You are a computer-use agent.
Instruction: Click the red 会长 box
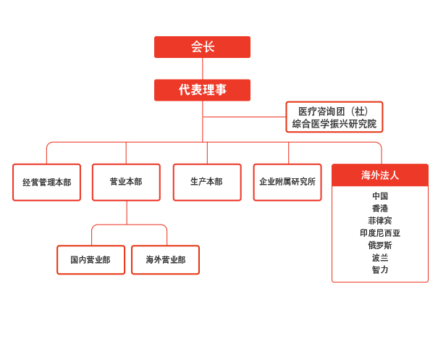coord(202,47)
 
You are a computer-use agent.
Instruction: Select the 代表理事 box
coord(202,90)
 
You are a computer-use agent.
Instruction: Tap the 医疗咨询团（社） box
coord(334,117)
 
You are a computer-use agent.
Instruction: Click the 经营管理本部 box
coord(46,183)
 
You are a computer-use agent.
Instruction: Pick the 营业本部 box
coord(126,183)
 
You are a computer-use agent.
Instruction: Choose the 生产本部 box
coord(207,183)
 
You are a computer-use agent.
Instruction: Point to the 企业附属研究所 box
coord(287,183)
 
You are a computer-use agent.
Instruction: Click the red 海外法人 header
coord(380,175)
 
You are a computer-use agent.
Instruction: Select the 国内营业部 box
coord(90,259)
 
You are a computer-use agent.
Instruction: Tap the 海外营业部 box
coord(165,259)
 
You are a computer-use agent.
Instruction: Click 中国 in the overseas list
coord(380,196)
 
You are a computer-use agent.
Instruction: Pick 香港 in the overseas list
coord(380,208)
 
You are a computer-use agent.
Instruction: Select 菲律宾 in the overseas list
coord(380,220)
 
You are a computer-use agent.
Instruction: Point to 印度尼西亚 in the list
coord(380,233)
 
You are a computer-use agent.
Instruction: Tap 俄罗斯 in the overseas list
coord(380,245)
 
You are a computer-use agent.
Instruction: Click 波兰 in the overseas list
coord(380,257)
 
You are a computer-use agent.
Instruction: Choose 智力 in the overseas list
coord(380,269)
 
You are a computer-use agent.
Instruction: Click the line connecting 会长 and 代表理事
coord(203,69)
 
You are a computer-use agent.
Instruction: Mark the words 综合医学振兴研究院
coord(334,124)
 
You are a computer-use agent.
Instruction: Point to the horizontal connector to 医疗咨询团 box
coord(245,117)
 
